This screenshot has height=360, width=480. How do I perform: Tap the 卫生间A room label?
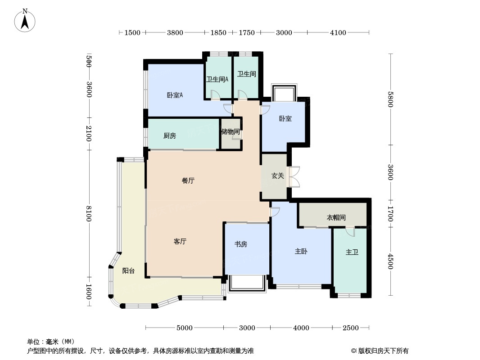[x=217, y=79]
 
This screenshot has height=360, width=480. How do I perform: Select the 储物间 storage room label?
[x=230, y=132]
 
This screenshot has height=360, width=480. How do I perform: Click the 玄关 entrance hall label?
[x=278, y=176]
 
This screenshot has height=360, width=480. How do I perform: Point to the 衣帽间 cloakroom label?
[x=336, y=218]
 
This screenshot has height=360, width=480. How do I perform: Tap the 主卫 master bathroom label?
[x=352, y=252]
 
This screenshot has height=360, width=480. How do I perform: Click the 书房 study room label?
[x=240, y=244]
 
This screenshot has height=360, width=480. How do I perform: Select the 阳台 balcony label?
[x=128, y=271]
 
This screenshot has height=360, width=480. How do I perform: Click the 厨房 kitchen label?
[x=169, y=135]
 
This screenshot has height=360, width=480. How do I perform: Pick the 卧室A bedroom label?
[x=175, y=95]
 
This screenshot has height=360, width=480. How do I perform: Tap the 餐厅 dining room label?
[x=188, y=180]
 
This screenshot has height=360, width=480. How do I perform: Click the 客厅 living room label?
[x=180, y=242]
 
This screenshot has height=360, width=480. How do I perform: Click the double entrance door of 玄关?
[x=294, y=177]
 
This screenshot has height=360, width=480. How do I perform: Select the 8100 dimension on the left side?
[x=89, y=213]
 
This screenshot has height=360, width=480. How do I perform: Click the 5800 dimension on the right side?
[x=390, y=99]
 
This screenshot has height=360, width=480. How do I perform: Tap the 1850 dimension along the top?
[x=218, y=32]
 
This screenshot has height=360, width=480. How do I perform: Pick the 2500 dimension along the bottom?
[x=351, y=328]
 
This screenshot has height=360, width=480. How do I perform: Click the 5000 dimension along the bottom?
[x=185, y=328]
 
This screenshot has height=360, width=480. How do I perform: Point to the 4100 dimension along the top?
[x=338, y=32]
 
